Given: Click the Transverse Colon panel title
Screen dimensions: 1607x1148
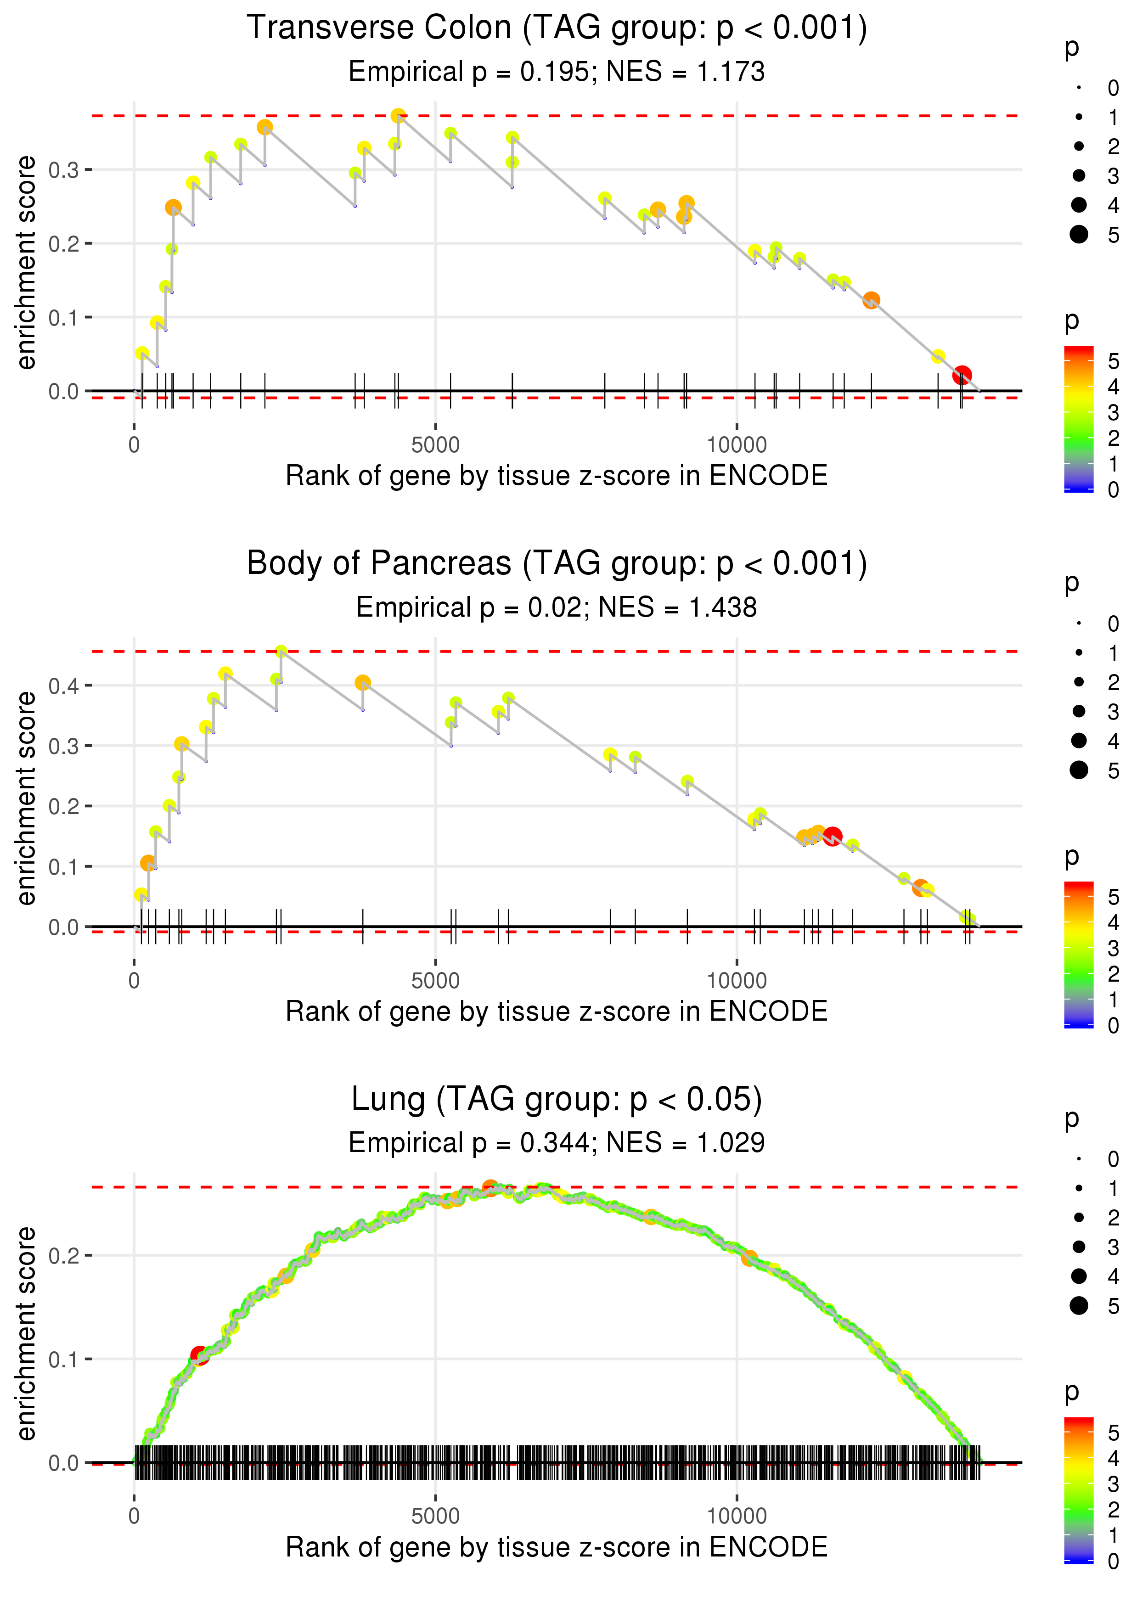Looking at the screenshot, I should (557, 28).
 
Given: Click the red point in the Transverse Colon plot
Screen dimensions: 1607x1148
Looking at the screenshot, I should (962, 375).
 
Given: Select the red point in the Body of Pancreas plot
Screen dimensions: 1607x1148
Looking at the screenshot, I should (832, 837).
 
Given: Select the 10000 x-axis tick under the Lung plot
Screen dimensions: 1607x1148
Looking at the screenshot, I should (737, 1516).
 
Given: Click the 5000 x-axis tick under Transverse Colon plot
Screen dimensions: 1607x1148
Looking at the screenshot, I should (435, 445).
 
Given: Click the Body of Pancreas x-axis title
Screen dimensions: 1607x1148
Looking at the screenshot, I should (557, 1011).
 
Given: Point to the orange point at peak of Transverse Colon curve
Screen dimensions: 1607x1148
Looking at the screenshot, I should (399, 116).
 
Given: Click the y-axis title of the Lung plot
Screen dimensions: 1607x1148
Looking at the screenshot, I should (26, 1333).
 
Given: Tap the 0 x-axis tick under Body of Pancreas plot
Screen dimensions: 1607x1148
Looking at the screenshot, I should (134, 981).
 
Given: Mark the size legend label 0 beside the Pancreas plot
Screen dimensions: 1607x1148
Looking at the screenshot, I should (1114, 624).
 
